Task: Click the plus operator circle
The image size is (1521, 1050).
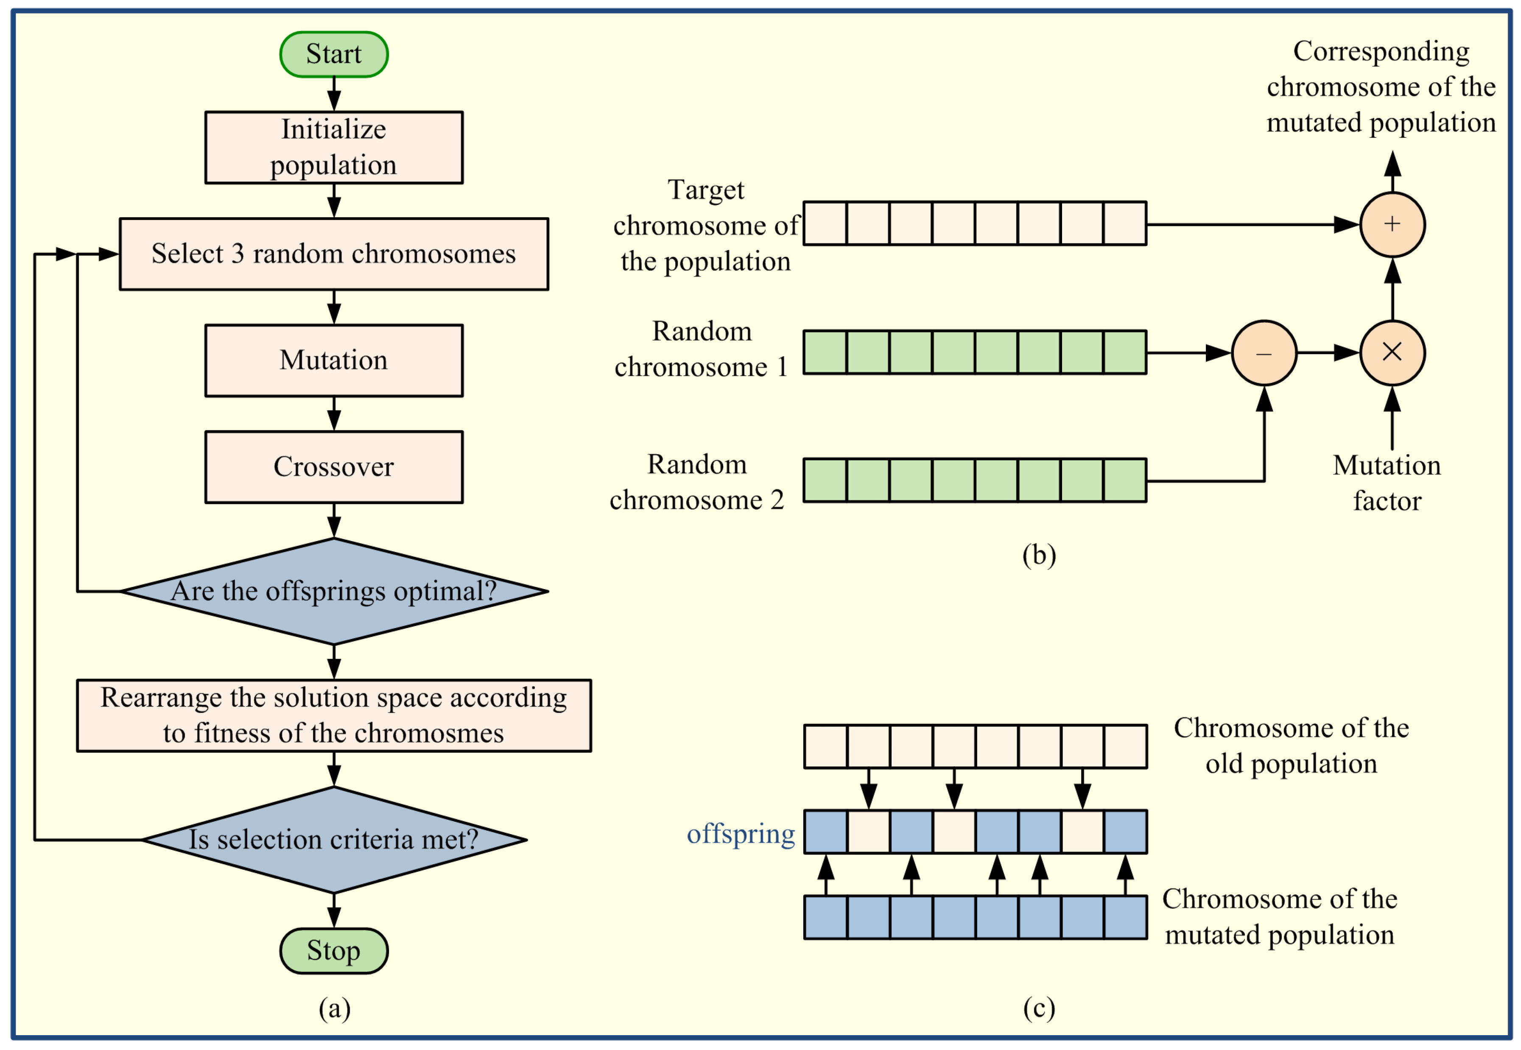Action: click(1392, 224)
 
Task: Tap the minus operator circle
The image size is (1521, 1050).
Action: click(1264, 353)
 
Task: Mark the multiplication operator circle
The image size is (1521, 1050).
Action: click(1392, 353)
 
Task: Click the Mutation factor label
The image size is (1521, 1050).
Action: click(1387, 483)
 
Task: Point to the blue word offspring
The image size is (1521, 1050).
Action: click(741, 834)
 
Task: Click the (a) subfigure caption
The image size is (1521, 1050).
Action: click(334, 1008)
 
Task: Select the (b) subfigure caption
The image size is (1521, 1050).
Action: click(1039, 555)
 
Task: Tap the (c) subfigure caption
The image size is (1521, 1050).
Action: click(1039, 1008)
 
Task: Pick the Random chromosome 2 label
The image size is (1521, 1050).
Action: click(697, 482)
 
